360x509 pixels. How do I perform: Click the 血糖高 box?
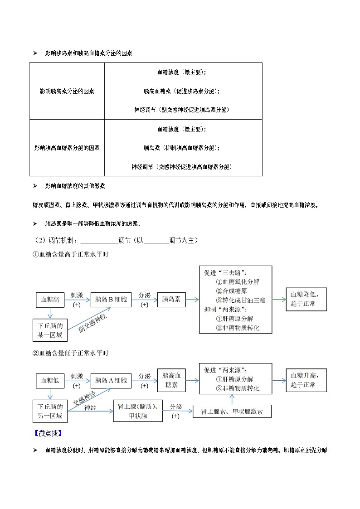click(x=50, y=300)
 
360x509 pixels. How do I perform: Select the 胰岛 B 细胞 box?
click(x=111, y=300)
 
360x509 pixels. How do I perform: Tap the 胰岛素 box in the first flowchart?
click(x=171, y=300)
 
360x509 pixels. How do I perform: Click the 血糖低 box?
click(x=50, y=381)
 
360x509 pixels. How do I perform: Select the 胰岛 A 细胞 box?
click(x=111, y=381)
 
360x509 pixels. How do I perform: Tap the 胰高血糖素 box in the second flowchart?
click(x=171, y=380)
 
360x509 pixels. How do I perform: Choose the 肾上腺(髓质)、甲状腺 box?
click(x=137, y=411)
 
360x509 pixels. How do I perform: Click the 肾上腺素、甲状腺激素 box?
click(x=232, y=412)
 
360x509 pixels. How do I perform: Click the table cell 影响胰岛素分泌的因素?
click(x=67, y=91)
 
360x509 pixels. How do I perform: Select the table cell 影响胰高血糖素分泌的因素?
click(x=67, y=148)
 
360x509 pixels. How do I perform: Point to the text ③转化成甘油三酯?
click(x=240, y=300)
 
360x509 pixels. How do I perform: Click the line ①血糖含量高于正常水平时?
click(x=70, y=255)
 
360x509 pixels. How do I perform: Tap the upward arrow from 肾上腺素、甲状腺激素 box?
click(x=232, y=399)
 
